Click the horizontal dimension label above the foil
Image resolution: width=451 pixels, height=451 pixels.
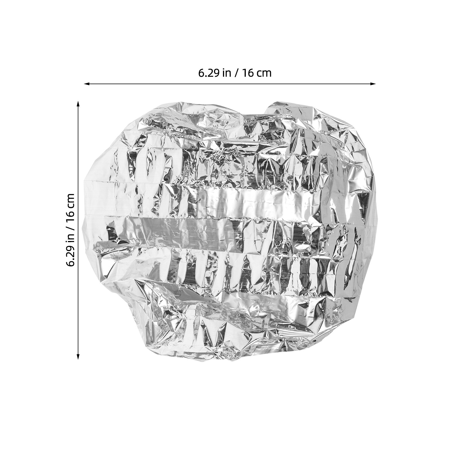click(x=235, y=73)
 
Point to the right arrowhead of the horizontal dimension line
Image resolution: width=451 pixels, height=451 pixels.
click(x=373, y=84)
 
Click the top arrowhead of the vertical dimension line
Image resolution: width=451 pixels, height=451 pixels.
click(x=78, y=104)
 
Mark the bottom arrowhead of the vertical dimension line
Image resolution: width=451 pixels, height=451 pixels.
click(x=78, y=357)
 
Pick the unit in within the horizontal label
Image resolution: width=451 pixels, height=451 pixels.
click(x=226, y=73)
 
